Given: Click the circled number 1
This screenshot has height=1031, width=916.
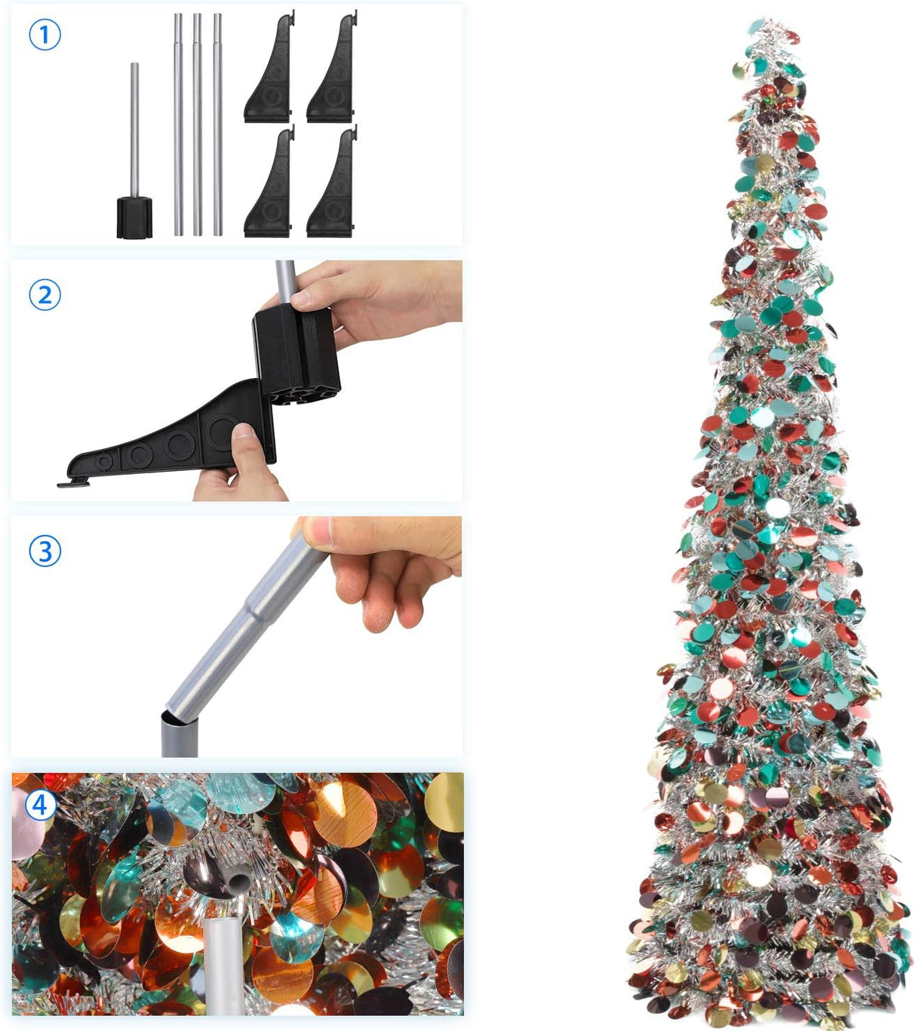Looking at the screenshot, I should [x=45, y=35].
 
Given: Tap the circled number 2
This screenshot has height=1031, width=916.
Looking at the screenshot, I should [x=45, y=294].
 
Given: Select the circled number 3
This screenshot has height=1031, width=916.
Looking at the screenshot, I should [x=45, y=551].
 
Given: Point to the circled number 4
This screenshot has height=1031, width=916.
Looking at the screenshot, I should [x=40, y=805].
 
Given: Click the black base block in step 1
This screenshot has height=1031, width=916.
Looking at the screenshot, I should [x=134, y=217].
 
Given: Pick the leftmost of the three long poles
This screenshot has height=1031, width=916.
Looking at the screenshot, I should [x=179, y=125].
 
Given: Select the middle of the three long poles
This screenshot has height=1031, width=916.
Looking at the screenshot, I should [x=198, y=125].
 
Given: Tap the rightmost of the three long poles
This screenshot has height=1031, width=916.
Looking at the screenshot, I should [x=217, y=125].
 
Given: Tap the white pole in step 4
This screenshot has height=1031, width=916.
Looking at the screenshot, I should [x=223, y=966].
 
